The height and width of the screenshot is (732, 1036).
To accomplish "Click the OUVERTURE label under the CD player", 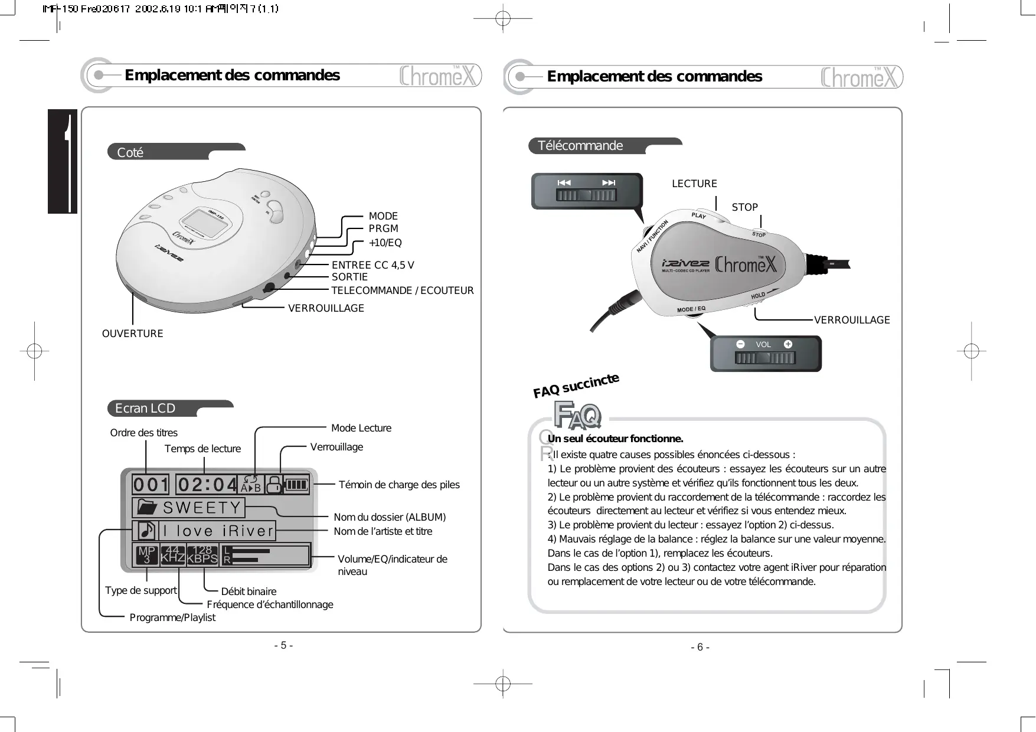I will [x=132, y=334].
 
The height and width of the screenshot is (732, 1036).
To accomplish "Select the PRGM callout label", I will [x=383, y=228].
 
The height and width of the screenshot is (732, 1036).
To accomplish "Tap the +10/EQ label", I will [x=385, y=243].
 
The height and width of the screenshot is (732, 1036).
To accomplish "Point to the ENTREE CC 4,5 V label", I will [x=372, y=265].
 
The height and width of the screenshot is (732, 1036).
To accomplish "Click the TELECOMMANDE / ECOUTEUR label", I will [x=402, y=290].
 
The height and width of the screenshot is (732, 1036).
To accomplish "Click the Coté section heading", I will [x=130, y=152].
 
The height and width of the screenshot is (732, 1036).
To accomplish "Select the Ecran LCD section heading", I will [x=145, y=408].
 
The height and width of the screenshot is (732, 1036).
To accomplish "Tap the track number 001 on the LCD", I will [x=151, y=485].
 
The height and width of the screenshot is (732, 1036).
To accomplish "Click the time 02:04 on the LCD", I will [x=207, y=485].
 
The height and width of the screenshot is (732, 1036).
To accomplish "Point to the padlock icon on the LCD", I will [x=273, y=485].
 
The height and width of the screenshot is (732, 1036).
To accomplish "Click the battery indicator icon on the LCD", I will [x=296, y=485].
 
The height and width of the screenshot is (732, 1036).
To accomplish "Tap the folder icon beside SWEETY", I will [x=147, y=508].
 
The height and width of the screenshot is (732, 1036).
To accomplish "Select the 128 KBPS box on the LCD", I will [x=202, y=555].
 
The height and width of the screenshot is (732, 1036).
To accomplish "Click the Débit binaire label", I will [x=249, y=592].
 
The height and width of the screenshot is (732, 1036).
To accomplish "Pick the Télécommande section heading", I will [x=580, y=146].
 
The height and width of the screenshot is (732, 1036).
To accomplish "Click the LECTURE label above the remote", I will [x=694, y=184].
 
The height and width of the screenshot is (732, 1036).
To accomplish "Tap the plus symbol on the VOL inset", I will [x=787, y=344].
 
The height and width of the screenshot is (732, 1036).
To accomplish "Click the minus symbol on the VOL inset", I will [x=740, y=344].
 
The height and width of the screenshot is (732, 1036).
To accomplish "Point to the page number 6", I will [x=700, y=647].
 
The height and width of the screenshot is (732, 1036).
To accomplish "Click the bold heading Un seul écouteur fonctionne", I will [x=615, y=439].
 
